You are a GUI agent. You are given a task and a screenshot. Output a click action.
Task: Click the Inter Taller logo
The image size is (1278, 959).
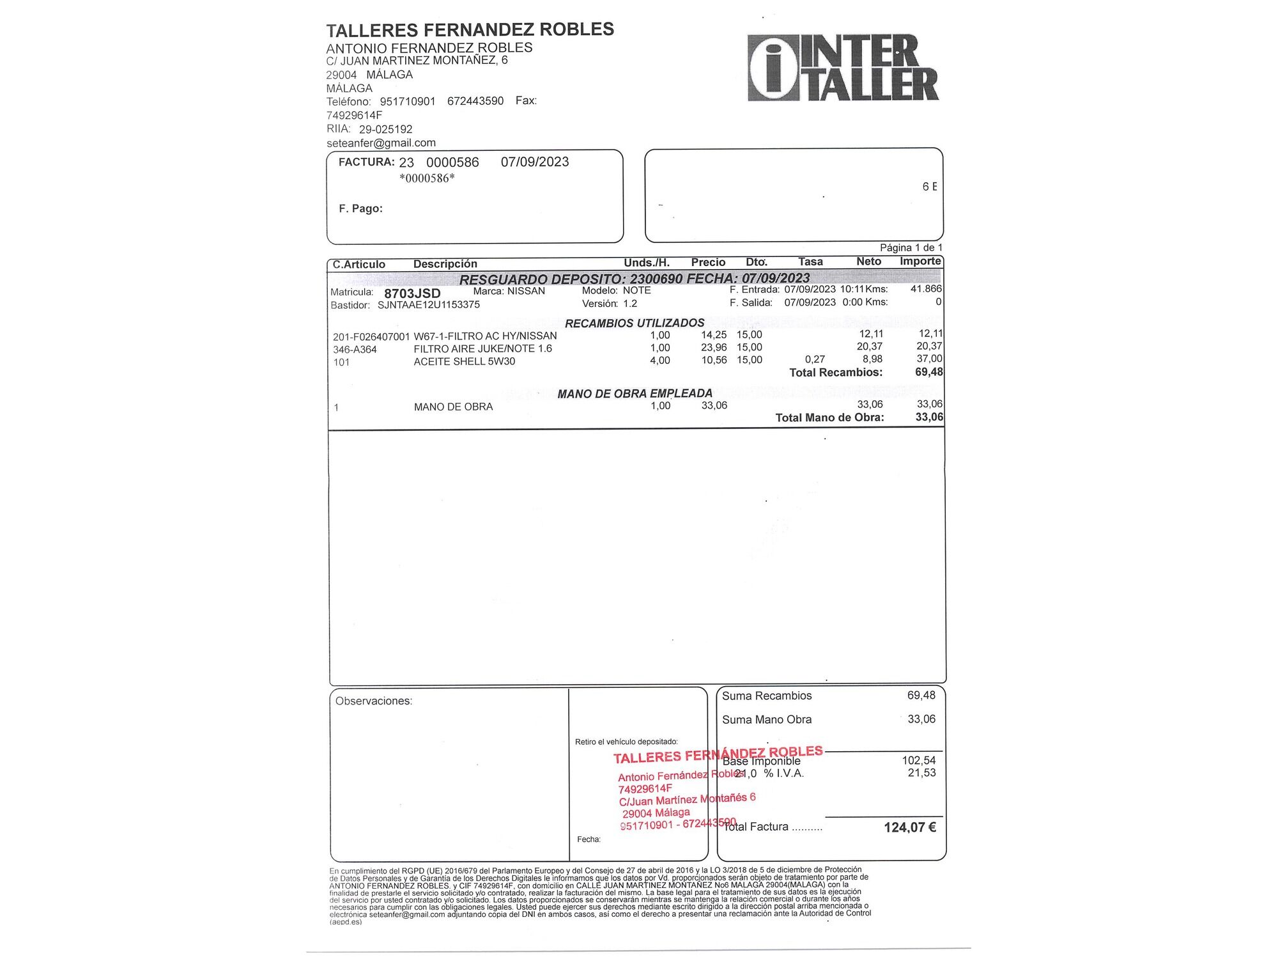(x=843, y=68)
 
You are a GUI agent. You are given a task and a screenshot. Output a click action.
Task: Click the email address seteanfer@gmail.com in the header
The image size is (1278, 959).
(x=381, y=143)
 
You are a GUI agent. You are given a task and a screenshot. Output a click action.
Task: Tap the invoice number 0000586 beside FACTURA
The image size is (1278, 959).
(x=452, y=162)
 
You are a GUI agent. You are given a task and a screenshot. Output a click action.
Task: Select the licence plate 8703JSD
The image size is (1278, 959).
(x=412, y=293)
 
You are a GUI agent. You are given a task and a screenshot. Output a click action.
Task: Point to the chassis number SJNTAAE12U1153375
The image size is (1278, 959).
(x=428, y=305)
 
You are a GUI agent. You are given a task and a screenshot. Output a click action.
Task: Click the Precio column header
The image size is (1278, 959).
(x=708, y=262)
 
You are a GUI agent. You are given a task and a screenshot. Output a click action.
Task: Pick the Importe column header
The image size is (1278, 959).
(x=920, y=261)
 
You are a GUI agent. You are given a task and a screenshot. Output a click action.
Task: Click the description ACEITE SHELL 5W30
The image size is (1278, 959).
(x=464, y=361)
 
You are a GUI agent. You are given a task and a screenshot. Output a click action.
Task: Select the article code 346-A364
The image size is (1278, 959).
(x=355, y=350)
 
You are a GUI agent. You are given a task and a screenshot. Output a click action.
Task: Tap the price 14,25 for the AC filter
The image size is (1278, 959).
(x=714, y=335)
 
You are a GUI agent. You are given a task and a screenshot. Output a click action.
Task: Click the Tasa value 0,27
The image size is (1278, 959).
(x=815, y=359)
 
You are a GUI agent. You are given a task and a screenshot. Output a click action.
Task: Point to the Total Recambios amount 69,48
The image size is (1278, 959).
(x=928, y=372)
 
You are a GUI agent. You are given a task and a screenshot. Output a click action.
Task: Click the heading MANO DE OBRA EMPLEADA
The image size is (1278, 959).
(x=635, y=394)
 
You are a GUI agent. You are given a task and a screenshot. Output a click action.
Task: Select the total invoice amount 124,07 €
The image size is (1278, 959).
(x=910, y=827)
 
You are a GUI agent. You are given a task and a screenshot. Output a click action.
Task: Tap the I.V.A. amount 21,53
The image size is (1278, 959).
(x=921, y=773)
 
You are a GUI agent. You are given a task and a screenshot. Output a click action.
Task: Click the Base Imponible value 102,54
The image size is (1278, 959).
(x=919, y=760)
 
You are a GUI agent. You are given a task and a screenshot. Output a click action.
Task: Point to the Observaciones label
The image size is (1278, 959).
(x=374, y=701)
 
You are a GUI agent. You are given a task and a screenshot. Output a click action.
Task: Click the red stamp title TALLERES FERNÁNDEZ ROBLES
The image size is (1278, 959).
(x=718, y=754)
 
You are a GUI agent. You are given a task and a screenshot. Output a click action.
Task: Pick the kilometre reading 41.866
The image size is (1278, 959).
(x=926, y=289)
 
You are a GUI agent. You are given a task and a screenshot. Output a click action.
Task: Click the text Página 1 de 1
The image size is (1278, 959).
(x=911, y=247)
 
